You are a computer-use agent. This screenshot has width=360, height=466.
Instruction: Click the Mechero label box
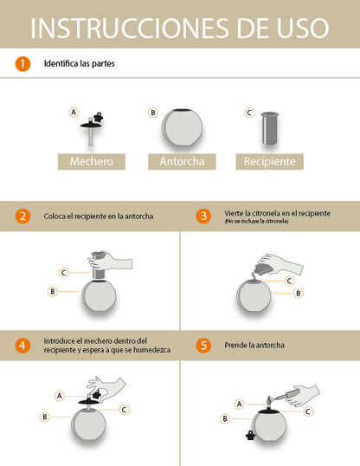91,161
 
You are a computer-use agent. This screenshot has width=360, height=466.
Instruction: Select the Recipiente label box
269,161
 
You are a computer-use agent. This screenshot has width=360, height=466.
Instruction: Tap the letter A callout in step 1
73,113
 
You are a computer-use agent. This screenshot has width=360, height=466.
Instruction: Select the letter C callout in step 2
64,272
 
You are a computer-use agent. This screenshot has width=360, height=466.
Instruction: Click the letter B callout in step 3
299,294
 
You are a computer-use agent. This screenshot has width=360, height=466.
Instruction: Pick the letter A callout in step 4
60,395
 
